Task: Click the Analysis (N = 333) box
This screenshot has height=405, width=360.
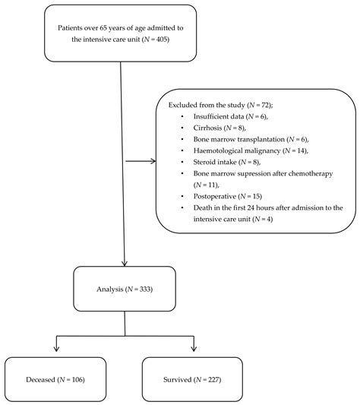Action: (125, 290)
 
